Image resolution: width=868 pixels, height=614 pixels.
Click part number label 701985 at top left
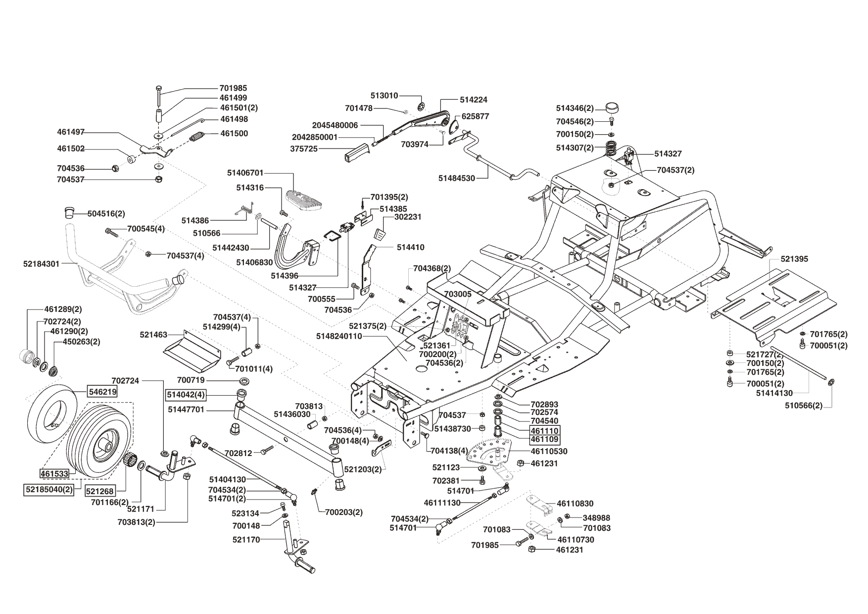click(x=233, y=88)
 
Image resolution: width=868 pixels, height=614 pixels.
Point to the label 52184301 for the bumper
click(x=41, y=264)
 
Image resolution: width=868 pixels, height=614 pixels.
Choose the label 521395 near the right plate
click(x=794, y=259)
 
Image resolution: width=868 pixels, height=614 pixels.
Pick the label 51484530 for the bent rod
click(x=457, y=178)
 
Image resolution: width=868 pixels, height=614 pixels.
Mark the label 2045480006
click(x=335, y=125)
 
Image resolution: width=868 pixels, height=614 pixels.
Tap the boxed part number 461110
click(x=544, y=430)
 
